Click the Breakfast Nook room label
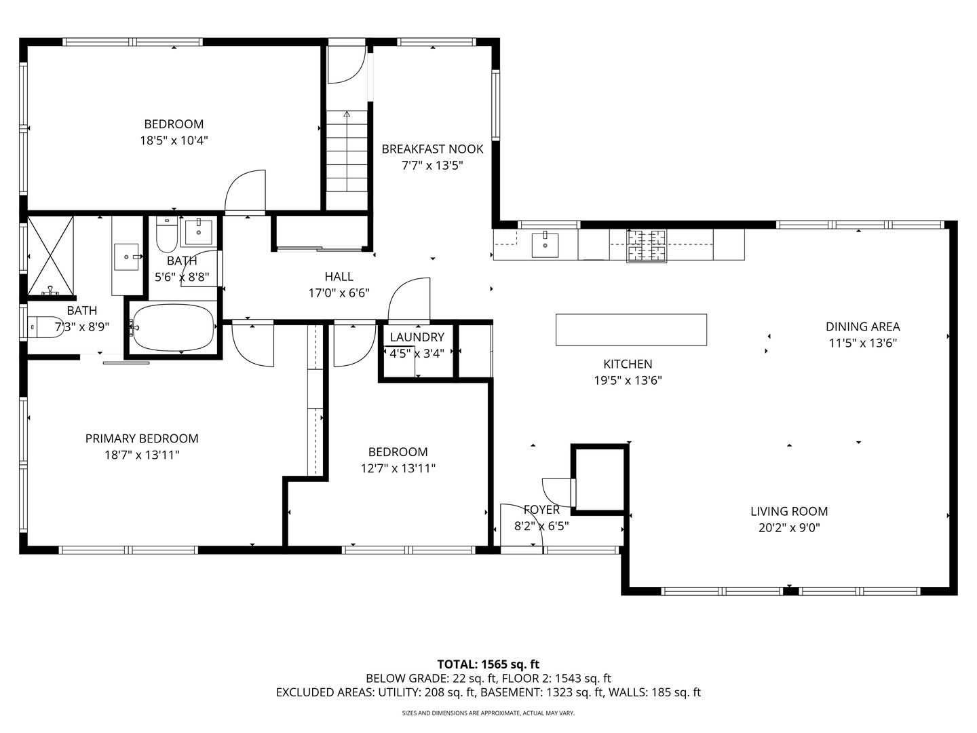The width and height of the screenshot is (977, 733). (x=432, y=149)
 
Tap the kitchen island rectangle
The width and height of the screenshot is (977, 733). (x=631, y=330)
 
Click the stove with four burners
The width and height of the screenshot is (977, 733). (x=647, y=246)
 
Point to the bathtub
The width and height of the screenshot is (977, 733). (x=172, y=327)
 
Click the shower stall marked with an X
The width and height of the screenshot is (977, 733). (x=50, y=256)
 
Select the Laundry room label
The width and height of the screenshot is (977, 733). (x=417, y=337)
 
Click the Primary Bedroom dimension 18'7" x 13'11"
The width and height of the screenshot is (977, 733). (x=142, y=455)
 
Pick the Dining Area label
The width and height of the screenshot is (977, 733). (x=862, y=326)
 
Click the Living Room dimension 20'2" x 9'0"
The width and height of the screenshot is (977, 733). (x=789, y=528)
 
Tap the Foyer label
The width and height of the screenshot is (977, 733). (x=541, y=510)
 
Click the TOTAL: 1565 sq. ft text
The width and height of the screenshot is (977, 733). (x=488, y=664)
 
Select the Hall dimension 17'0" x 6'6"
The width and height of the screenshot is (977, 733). (x=339, y=293)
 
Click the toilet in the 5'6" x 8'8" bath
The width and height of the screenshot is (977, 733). (x=166, y=234)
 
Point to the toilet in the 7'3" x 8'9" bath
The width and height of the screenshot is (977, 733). (x=47, y=327)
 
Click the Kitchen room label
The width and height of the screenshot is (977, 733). (x=628, y=364)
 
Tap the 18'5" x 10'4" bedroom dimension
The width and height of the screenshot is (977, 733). (x=174, y=140)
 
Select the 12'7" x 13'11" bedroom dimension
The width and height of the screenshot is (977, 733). (x=398, y=468)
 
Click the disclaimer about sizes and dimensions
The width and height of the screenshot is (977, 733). (x=488, y=713)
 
